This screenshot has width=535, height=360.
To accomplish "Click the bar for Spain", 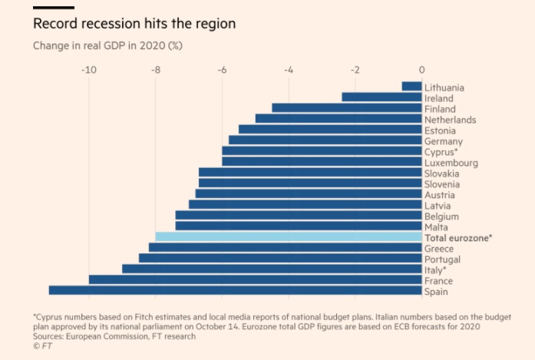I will (235, 290).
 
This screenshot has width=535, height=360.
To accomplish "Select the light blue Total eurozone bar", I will (289, 237).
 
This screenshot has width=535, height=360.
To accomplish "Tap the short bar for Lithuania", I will (412, 87).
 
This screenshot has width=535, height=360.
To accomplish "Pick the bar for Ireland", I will (381, 97).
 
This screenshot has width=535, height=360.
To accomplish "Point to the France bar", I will (255, 279).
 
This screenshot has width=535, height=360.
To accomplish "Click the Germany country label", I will (443, 141).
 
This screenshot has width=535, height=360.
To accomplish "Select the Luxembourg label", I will (451, 163).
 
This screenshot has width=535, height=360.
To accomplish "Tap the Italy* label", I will (435, 270).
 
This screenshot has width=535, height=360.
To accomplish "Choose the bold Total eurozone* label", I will (457, 238).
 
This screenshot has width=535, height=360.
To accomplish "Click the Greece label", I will (439, 249).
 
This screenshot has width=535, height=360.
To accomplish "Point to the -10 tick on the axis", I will (88, 70).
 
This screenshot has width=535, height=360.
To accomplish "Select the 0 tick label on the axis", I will (422, 70).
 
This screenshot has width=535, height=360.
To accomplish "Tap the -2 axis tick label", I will (355, 70).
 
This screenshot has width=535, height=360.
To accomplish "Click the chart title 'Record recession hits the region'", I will (134, 24).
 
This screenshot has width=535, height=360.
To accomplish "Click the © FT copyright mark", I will (42, 346).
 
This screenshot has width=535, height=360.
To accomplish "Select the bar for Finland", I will (347, 108).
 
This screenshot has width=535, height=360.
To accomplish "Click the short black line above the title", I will (53, 7).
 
